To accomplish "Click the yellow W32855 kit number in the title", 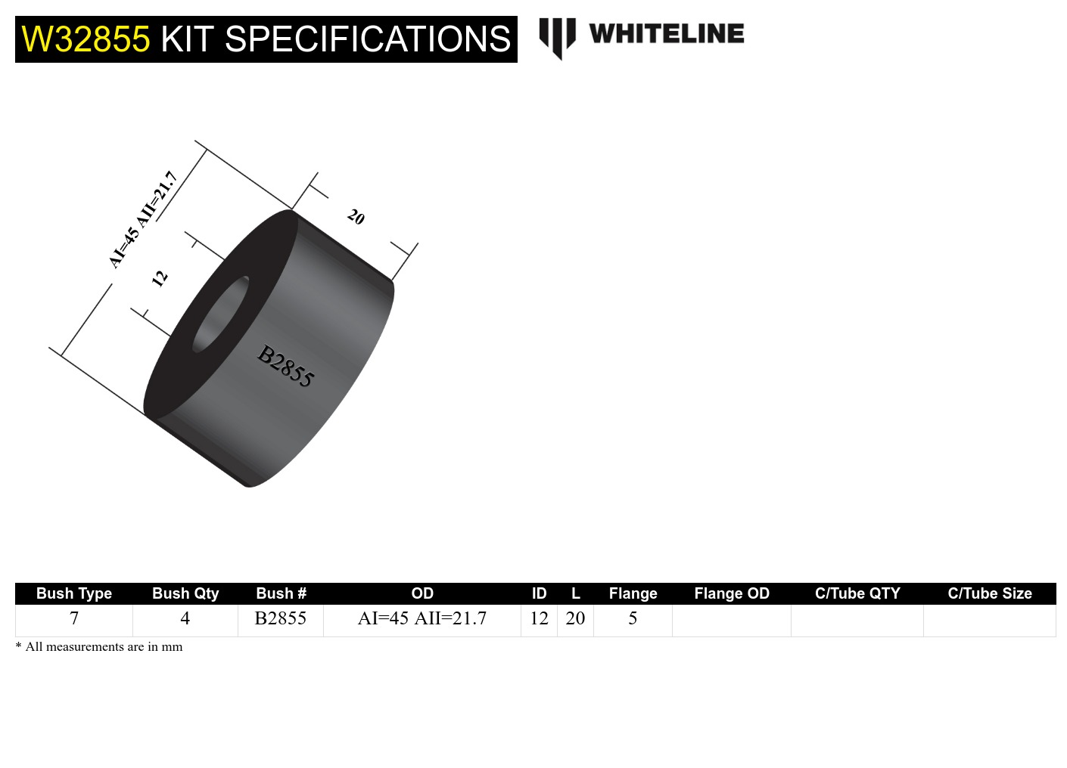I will [86, 39].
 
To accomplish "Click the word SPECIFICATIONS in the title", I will [368, 39].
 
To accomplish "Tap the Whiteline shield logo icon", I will [557, 37].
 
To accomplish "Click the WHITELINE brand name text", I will [666, 34].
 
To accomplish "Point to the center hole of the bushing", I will [221, 314].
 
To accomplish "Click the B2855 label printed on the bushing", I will [285, 367].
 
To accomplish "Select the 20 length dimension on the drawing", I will [356, 218].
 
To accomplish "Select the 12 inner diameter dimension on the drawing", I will [159, 278].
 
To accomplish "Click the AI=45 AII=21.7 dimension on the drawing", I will [143, 220].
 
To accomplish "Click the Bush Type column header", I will [74, 593].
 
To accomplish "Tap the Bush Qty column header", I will [185, 593].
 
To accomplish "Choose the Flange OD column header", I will [732, 593].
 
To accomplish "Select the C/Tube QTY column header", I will [857, 593].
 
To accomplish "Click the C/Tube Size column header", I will [990, 593].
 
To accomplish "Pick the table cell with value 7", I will [74, 618].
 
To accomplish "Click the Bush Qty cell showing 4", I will [185, 618].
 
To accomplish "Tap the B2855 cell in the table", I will [281, 618].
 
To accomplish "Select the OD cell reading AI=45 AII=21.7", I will [422, 618].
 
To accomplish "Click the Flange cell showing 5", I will [633, 618].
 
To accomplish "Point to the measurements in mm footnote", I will [99, 647].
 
